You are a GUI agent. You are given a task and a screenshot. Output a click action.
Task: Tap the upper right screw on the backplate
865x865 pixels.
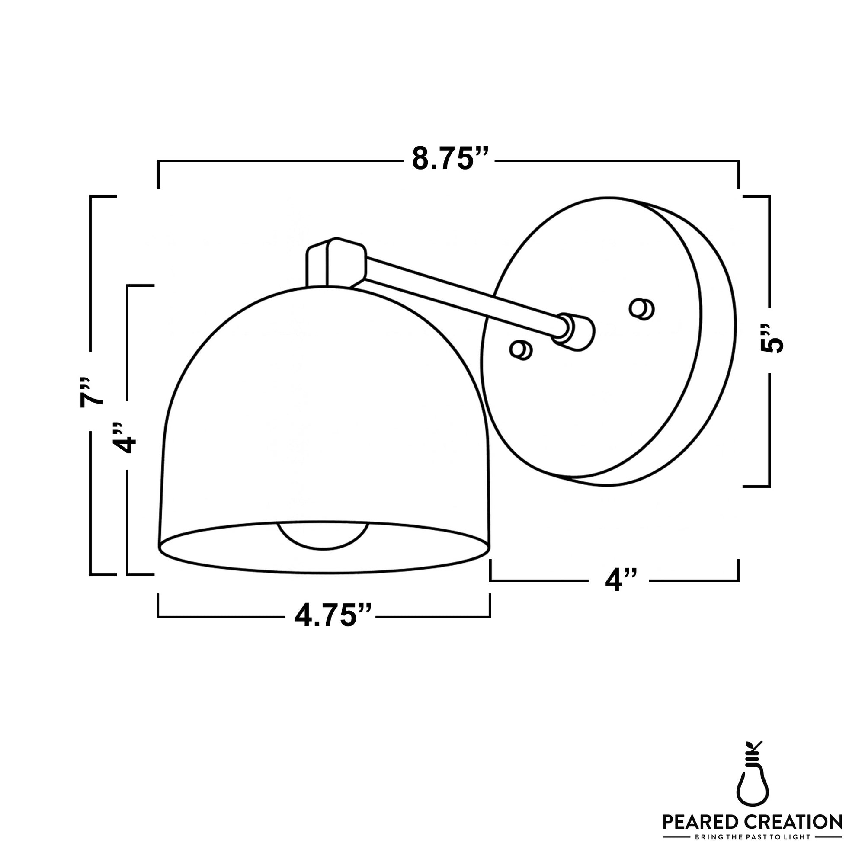(x=641, y=308)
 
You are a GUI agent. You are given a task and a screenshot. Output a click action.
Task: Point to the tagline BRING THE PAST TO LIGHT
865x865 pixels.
(x=752, y=836)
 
